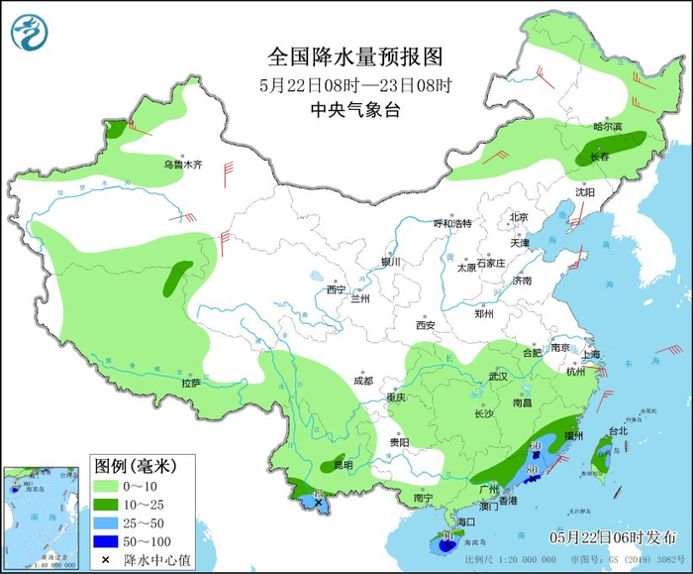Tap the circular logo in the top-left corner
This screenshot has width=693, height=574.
[31, 31]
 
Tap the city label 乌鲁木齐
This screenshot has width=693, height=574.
[183, 165]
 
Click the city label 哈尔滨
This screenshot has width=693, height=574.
[607, 127]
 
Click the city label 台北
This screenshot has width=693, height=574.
[617, 431]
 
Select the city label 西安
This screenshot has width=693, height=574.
[425, 324]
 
